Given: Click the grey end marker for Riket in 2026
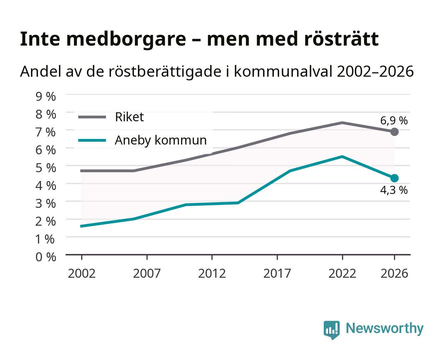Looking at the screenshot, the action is tap(394, 132).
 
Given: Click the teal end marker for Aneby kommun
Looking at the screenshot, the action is tap(394, 178).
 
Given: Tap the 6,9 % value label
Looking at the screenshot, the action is tap(394, 121).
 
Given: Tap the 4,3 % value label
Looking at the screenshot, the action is tap(394, 190).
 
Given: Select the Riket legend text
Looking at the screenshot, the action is tap(129, 117).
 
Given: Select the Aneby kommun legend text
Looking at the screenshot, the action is tap(161, 140).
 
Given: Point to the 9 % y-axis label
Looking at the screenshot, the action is tap(46, 97).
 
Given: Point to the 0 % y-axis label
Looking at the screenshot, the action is tap(46, 257).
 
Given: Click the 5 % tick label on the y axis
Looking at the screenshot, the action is tap(46, 168).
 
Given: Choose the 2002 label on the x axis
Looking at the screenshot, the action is tap(82, 273).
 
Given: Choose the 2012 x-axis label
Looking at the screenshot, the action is tap(212, 273).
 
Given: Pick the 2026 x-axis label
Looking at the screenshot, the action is tap(394, 273).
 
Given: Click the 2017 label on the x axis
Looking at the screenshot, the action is tap(277, 273).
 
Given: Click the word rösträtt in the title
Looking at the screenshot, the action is tap(341, 39).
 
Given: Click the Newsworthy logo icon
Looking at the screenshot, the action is tap(331, 330).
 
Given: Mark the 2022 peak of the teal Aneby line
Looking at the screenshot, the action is tap(342, 157).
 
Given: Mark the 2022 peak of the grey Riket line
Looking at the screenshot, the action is tap(342, 123).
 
